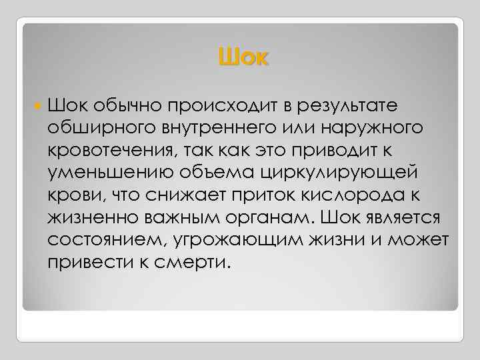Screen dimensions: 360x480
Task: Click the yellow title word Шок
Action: [243, 58]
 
